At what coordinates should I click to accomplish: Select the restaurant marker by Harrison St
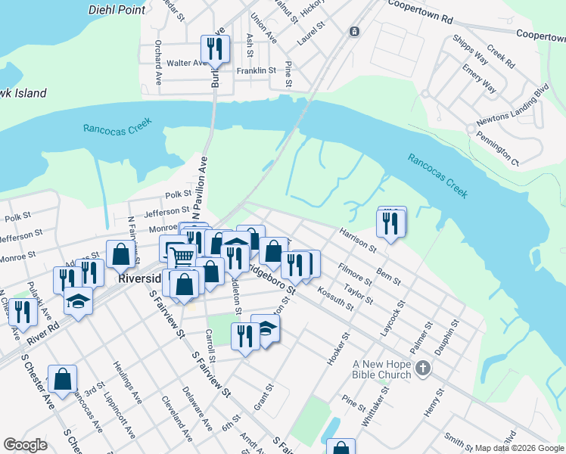[x=391, y=223]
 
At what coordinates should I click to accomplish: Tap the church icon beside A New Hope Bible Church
[x=423, y=368]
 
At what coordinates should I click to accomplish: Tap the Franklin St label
[x=255, y=70]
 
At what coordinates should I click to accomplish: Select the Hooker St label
[x=337, y=348]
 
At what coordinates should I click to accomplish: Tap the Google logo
[x=25, y=445]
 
